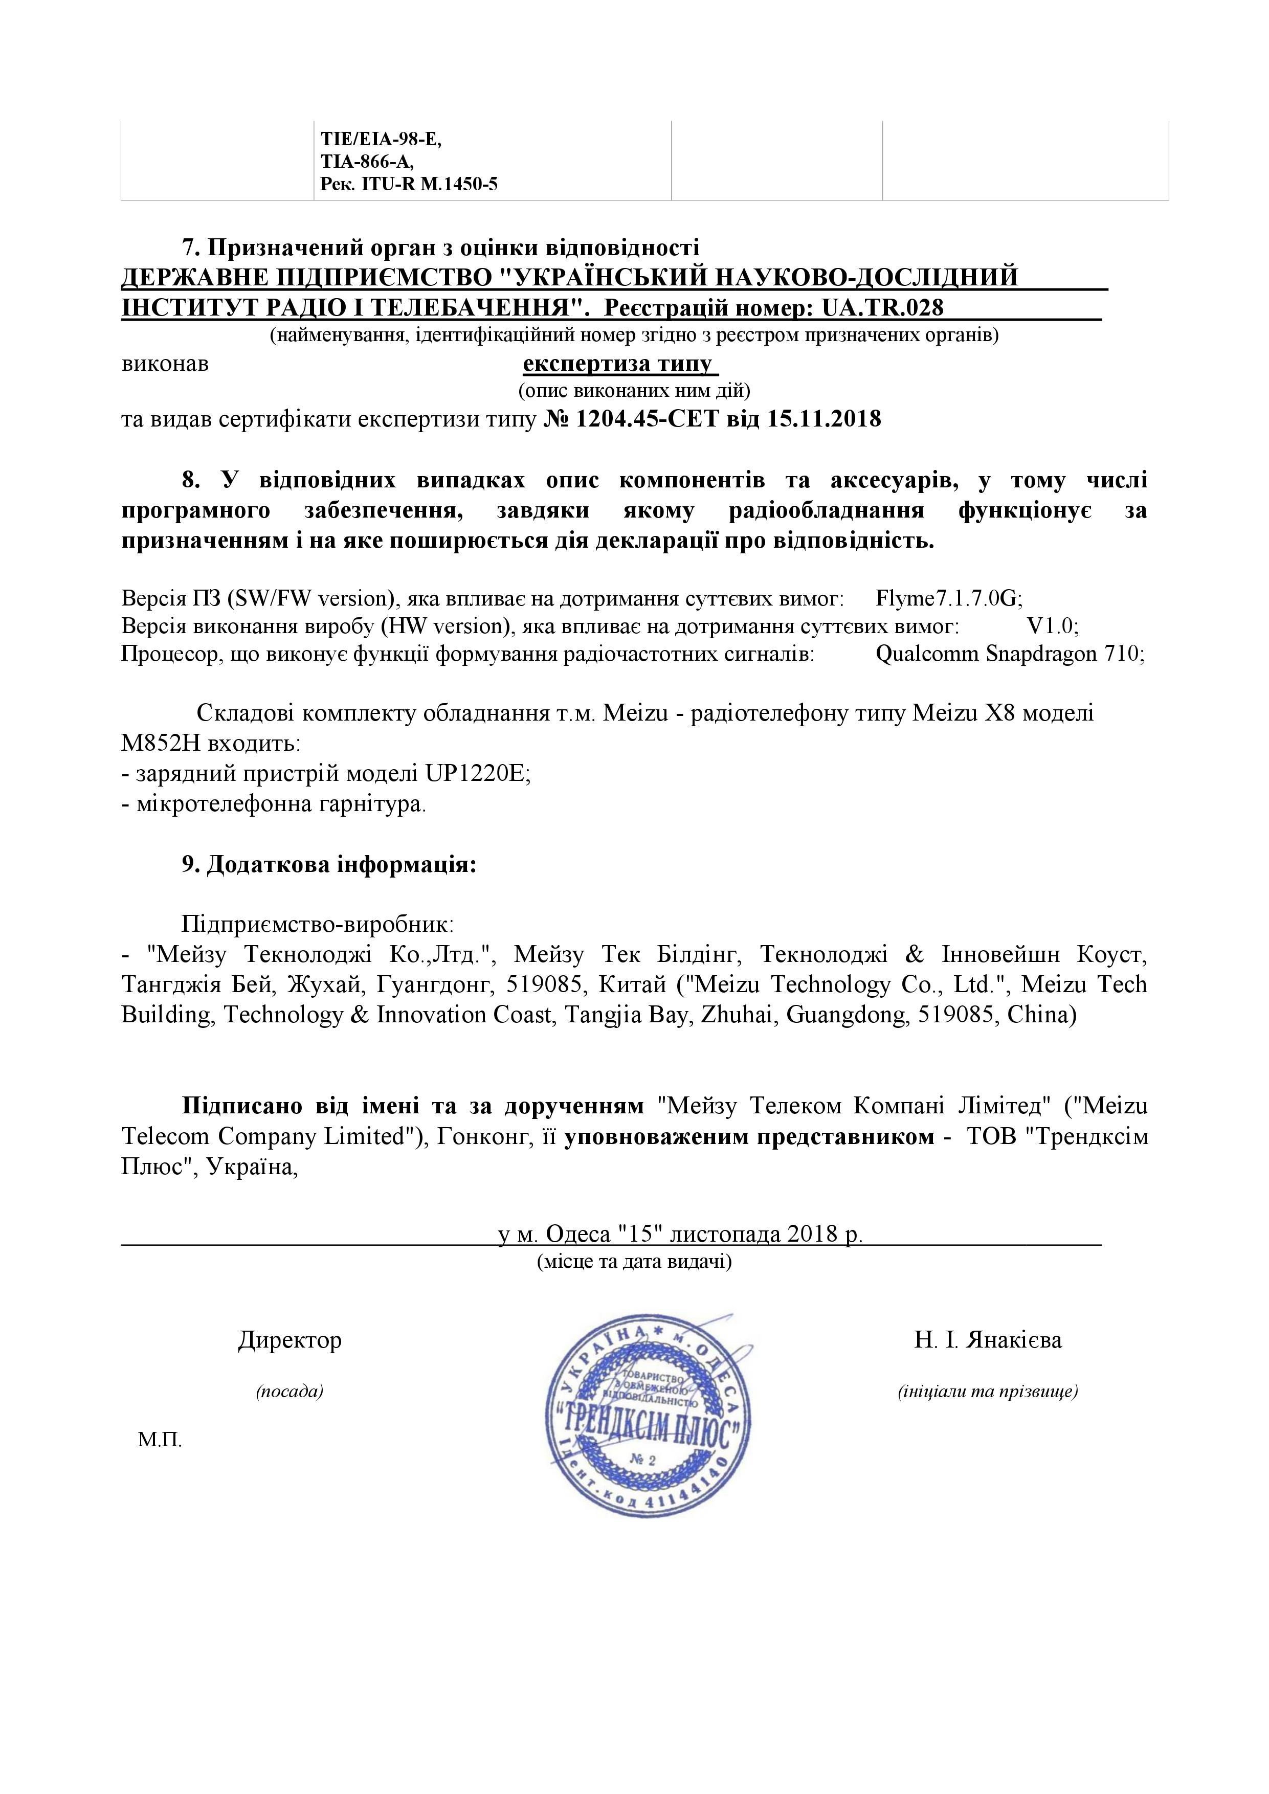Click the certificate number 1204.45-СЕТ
pos(646,419)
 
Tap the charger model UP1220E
pos(477,774)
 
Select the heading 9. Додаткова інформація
pos(329,865)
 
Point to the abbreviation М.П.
pos(160,1440)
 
